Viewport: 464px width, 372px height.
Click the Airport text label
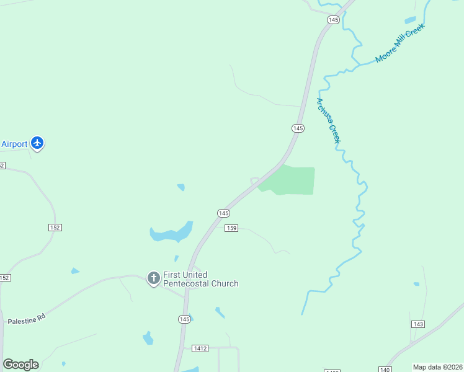click(x=14, y=144)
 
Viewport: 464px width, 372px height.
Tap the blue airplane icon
click(x=37, y=143)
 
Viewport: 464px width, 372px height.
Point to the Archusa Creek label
click(x=329, y=120)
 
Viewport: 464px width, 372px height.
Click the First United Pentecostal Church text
click(x=200, y=279)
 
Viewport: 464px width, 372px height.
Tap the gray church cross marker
click(x=153, y=278)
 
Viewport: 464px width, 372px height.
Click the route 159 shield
click(x=231, y=228)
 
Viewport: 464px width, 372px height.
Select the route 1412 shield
click(x=200, y=349)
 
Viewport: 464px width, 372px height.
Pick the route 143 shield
click(x=417, y=324)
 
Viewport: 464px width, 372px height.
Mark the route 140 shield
click(x=385, y=370)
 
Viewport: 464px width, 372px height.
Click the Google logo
click(x=20, y=365)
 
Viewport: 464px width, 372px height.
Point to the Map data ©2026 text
click(x=437, y=366)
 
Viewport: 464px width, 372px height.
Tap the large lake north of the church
click(x=171, y=233)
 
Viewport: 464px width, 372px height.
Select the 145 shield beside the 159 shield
click(x=223, y=213)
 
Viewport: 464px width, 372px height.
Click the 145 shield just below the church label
click(x=184, y=319)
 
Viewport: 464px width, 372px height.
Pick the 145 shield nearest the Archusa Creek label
click(x=298, y=128)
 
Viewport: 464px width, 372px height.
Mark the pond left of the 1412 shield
click(x=148, y=339)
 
